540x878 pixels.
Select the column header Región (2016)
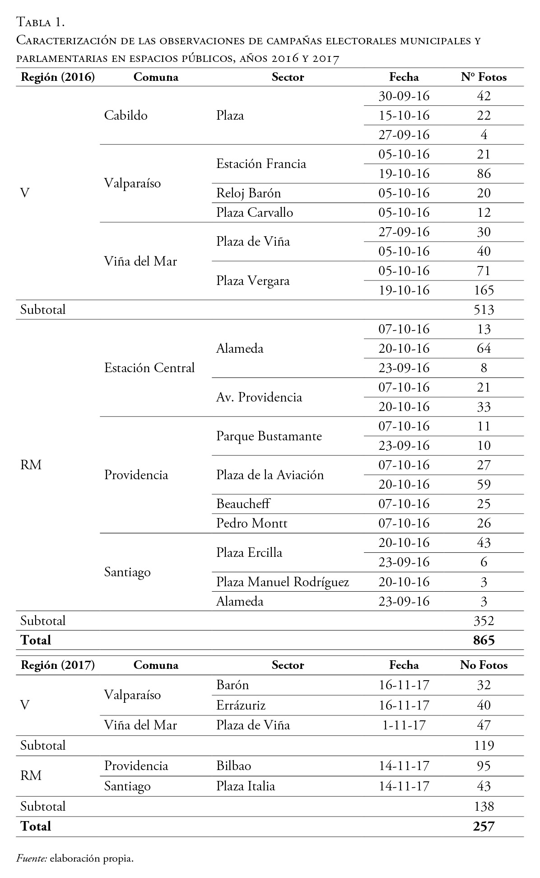[58, 77]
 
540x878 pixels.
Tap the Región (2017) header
[58, 665]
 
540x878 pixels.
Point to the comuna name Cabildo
[126, 116]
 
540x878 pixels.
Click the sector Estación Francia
[261, 163]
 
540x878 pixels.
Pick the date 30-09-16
[404, 96]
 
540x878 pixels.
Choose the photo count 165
[484, 290]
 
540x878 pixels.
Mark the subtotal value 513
[484, 310]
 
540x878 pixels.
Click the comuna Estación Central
[149, 368]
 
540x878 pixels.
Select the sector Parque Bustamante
[269, 436]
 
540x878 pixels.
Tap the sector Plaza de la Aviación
[270, 475]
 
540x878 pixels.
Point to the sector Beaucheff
[243, 504]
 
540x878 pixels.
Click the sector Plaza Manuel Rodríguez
[283, 582]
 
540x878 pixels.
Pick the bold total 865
[484, 640]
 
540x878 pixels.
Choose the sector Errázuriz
[241, 705]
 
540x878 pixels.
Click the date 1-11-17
[404, 725]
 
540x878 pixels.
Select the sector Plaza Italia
[245, 786]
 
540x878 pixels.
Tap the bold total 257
[484, 827]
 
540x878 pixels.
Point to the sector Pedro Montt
[251, 523]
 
